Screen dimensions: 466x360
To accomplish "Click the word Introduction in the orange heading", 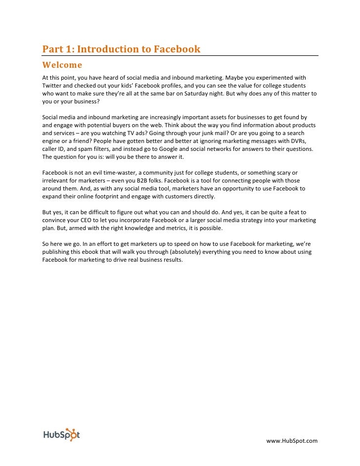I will coord(107,49).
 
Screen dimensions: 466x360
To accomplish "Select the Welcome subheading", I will coord(62,65).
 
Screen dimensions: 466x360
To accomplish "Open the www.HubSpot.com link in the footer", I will coord(292,441).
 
